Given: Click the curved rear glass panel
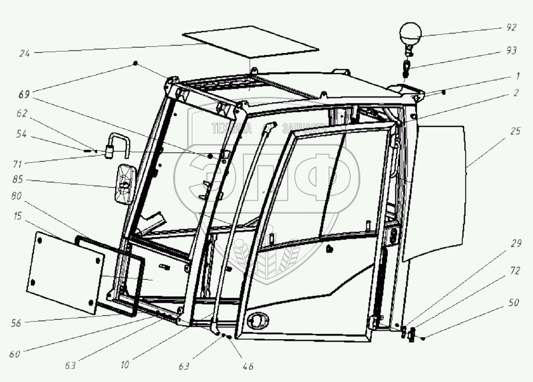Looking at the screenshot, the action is pos(438,188).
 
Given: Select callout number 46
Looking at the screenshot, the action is pos(248,366).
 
